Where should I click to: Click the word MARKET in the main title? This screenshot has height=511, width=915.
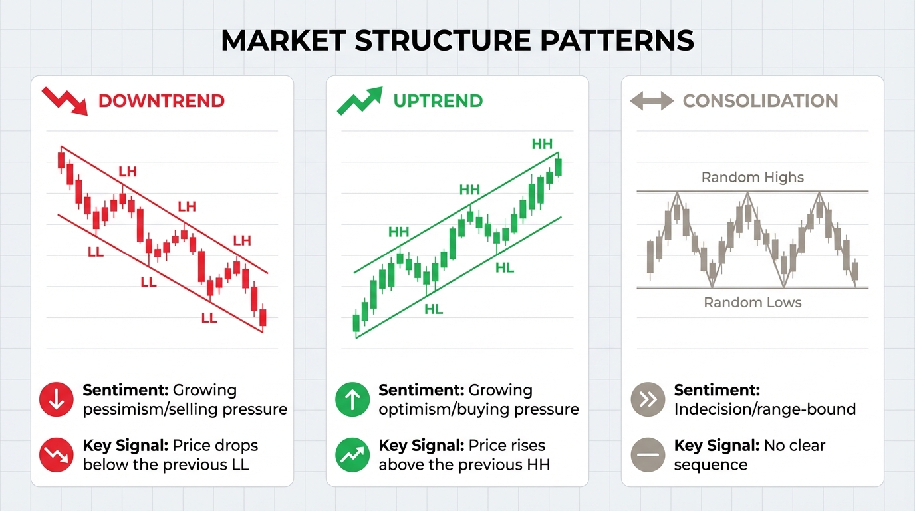click(x=283, y=41)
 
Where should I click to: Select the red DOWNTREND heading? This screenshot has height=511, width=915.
click(x=161, y=101)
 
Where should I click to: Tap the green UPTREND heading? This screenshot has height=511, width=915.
click(x=438, y=101)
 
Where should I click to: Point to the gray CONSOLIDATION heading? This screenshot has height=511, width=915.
click(x=760, y=101)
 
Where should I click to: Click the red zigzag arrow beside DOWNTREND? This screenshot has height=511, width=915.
click(x=65, y=101)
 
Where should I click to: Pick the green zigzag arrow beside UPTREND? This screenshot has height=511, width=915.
click(x=360, y=101)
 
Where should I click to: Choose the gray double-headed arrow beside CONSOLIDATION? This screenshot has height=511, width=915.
click(x=651, y=102)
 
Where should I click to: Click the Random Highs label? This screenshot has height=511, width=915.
click(x=752, y=178)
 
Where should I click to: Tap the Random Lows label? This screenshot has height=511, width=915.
click(x=752, y=303)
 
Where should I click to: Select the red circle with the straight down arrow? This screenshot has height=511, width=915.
click(x=57, y=399)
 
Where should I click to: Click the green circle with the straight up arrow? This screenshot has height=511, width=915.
click(x=353, y=399)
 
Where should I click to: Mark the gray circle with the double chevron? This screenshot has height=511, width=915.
click(x=647, y=399)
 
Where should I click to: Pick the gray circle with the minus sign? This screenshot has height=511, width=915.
click(x=647, y=455)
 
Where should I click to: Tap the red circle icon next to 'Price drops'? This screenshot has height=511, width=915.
click(x=57, y=455)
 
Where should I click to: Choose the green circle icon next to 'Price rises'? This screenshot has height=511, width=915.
click(x=353, y=455)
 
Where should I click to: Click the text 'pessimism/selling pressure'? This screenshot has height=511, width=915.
click(x=185, y=409)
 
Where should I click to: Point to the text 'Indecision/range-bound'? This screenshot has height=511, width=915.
click(x=765, y=409)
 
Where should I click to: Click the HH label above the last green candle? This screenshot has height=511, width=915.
click(x=542, y=144)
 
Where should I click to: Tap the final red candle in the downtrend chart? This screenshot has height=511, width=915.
click(x=263, y=317)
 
